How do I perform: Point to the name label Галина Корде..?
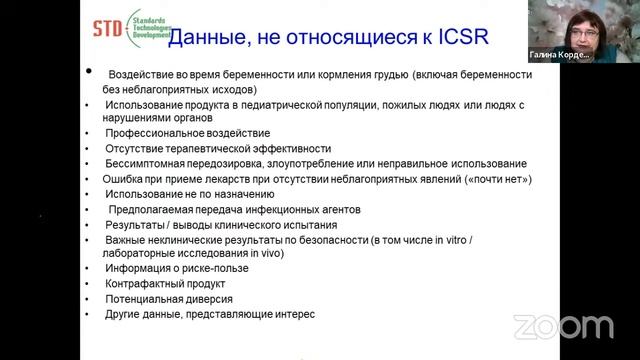pyautogui.click(x=559, y=56)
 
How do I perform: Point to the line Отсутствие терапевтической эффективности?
pyautogui.click(x=225, y=148)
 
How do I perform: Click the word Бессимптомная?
pyautogui.click(x=164, y=164)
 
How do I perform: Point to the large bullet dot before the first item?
pyautogui.click(x=88, y=72)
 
